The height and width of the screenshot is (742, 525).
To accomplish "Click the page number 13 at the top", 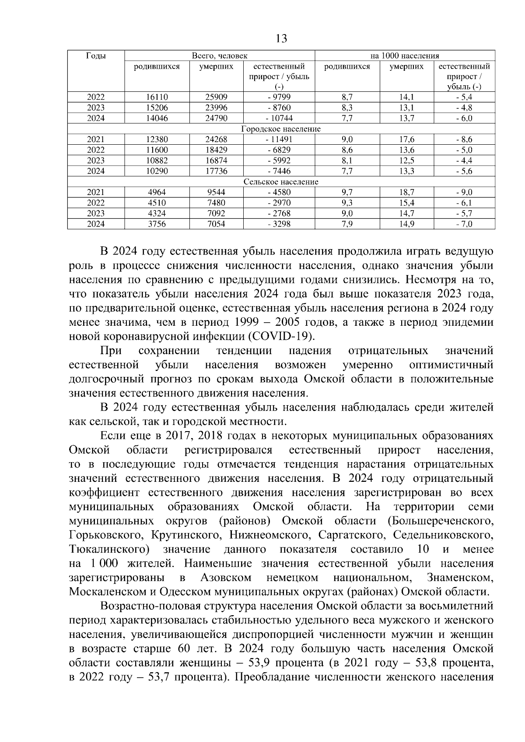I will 282,39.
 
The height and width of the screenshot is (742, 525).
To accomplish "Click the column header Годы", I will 96,56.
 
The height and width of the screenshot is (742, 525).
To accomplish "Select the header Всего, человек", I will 220,56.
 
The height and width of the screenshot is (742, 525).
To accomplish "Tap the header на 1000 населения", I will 405,56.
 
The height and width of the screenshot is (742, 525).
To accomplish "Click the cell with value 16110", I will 157,97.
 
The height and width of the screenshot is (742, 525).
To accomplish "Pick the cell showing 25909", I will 216,97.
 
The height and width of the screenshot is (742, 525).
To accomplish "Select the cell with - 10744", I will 279,118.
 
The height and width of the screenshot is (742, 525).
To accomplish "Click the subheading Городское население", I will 281,129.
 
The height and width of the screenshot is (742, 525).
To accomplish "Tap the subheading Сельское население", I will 281,181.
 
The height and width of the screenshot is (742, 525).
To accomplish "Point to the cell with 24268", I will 216,139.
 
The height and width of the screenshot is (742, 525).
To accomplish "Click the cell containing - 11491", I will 279,139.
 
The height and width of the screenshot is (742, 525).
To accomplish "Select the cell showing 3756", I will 157,224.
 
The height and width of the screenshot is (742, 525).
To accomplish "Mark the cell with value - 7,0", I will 464,224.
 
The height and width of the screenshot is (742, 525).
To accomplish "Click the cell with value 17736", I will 216,171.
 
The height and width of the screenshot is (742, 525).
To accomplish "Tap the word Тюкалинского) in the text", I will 107,549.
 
